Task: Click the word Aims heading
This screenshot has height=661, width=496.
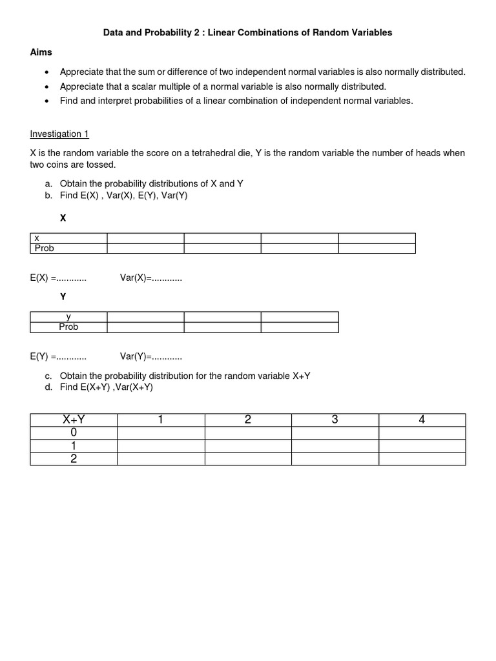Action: [x=41, y=52]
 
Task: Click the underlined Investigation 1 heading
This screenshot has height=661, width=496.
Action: [x=59, y=134]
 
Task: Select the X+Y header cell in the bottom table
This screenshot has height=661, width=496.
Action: [x=74, y=420]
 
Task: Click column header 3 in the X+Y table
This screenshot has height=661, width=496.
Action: [x=335, y=420]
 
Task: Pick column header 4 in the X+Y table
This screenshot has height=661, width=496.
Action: [x=422, y=420]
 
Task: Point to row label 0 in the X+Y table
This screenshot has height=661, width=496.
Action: [x=74, y=433]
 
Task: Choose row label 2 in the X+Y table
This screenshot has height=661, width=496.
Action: [x=74, y=459]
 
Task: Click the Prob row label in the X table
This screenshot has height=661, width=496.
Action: [x=45, y=248]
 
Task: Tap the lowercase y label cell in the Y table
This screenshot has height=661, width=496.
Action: [x=68, y=316]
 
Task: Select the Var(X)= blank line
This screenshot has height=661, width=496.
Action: [x=151, y=278]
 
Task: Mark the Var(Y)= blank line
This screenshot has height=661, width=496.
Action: [x=151, y=356]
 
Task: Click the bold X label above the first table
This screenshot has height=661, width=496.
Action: [x=63, y=219]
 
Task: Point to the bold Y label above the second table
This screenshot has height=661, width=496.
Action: [x=63, y=297]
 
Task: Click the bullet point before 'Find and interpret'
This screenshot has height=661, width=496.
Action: [x=46, y=101]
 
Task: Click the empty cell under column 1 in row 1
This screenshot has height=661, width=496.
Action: [x=161, y=446]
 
